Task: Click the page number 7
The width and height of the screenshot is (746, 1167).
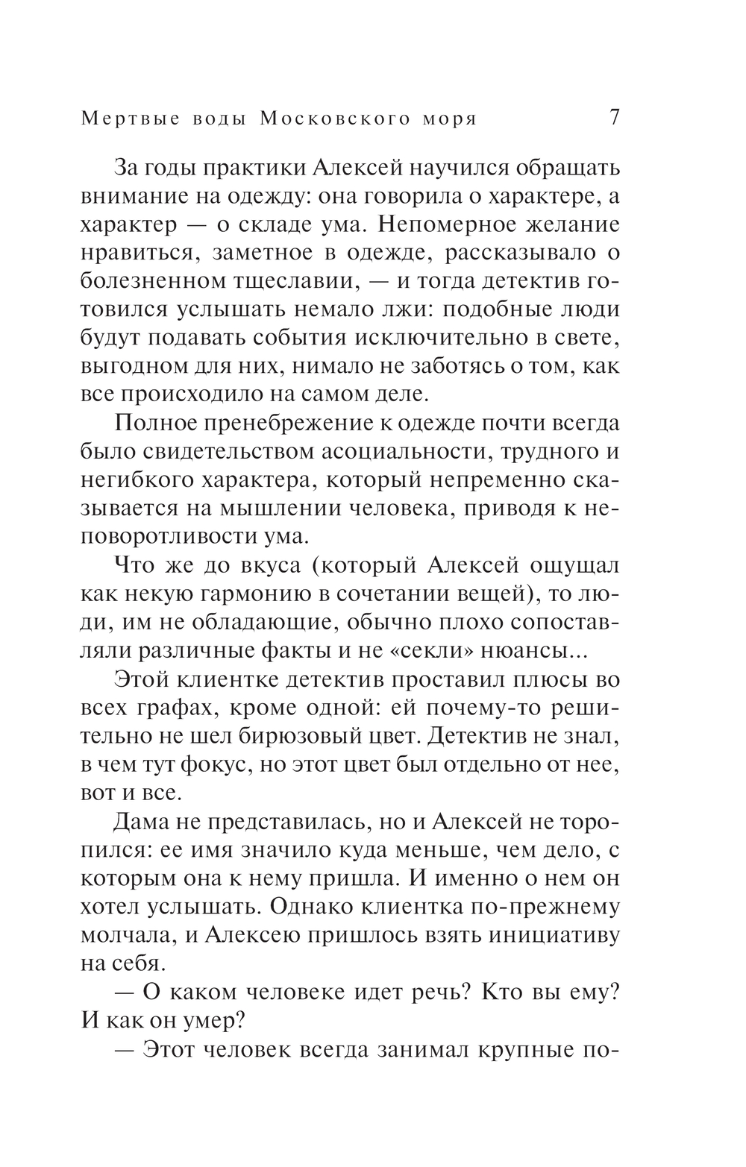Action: click(613, 119)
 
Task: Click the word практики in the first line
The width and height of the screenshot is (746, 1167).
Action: click(240, 169)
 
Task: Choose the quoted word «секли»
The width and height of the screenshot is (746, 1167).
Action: click(444, 650)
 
